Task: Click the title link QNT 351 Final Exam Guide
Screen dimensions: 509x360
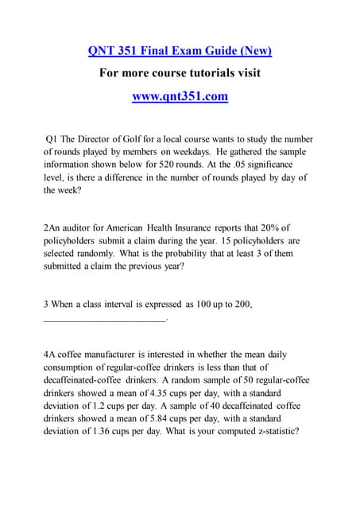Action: pyautogui.click(x=180, y=51)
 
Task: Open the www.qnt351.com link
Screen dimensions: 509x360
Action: pyautogui.click(x=180, y=96)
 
